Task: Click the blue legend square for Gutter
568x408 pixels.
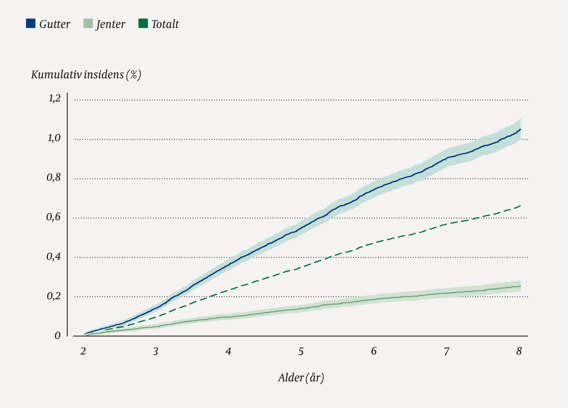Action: [31, 23]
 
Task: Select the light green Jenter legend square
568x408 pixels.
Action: [88, 23]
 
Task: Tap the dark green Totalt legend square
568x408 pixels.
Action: [143, 23]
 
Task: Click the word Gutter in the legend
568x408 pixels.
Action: [55, 24]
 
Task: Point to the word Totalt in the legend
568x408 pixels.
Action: [165, 24]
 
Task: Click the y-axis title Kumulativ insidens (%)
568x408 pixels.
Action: [86, 75]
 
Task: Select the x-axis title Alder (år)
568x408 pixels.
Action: [301, 377]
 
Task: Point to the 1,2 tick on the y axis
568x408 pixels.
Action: [54, 99]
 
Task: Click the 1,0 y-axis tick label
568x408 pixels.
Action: [54, 138]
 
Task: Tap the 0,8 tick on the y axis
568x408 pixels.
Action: [54, 178]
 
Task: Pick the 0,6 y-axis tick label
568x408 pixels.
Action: [54, 217]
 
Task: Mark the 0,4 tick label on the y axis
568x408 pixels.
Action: [54, 257]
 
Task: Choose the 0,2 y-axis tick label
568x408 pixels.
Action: [54, 296]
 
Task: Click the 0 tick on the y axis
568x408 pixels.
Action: [58, 336]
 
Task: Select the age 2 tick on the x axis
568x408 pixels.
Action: [83, 351]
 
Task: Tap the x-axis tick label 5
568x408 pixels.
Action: [301, 351]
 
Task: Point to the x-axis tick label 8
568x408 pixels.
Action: [519, 351]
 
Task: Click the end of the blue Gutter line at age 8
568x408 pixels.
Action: [520, 129]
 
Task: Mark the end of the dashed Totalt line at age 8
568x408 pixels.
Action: [520, 205]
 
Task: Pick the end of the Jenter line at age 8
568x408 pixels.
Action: [520, 286]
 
